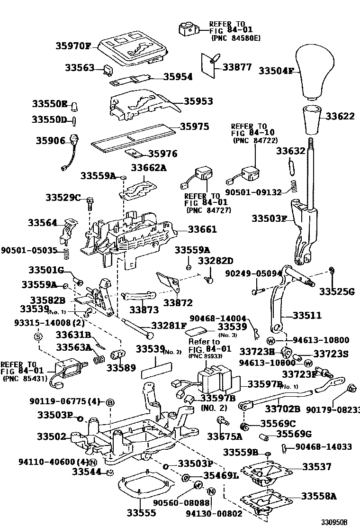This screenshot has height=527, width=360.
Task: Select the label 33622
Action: [x=339, y=115]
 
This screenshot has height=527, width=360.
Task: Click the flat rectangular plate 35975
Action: [x=133, y=137]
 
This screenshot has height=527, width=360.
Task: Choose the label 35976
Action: [x=162, y=154]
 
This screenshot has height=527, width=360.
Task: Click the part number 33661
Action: [x=202, y=229]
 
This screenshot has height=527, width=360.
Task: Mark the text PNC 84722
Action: [x=255, y=140]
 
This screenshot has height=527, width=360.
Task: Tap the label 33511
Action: [x=307, y=315]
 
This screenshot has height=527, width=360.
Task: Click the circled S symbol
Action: [x=38, y=336]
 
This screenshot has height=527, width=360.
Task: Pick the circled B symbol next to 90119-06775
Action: [x=109, y=402]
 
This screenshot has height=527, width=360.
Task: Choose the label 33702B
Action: [x=282, y=408]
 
